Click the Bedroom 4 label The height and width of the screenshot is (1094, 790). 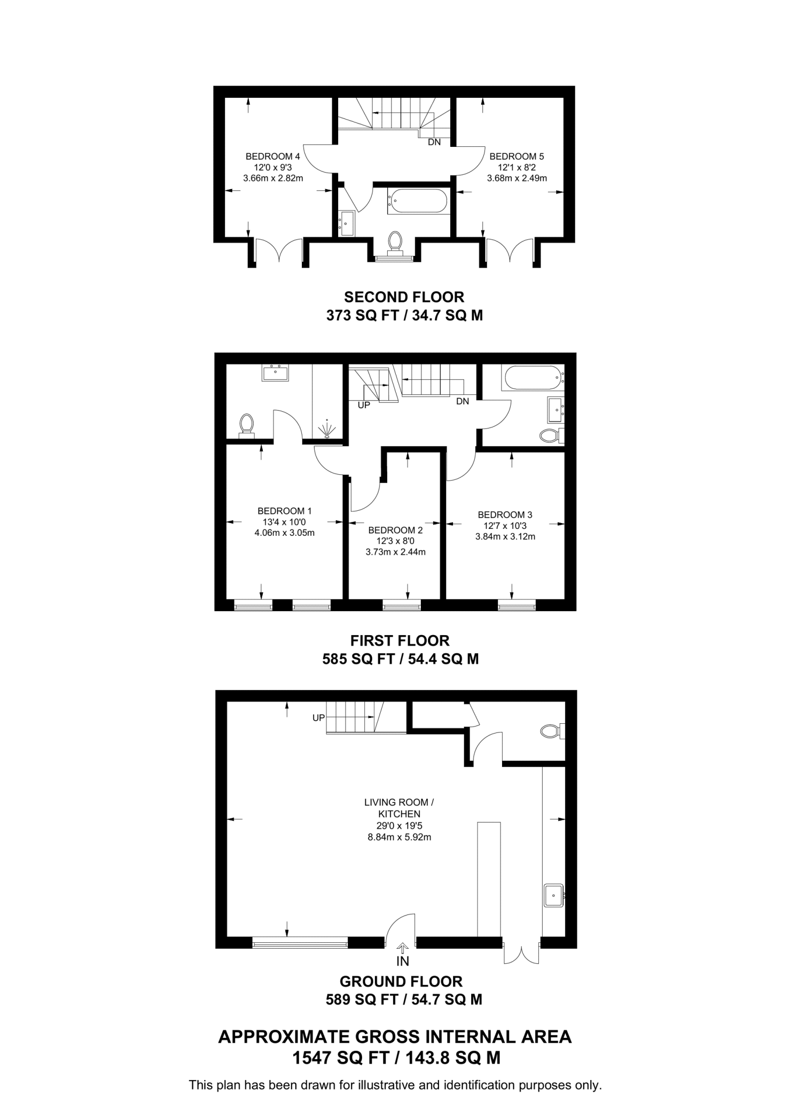(x=272, y=157)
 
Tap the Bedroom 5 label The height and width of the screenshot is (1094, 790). (x=516, y=157)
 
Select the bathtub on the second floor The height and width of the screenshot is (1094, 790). (x=417, y=201)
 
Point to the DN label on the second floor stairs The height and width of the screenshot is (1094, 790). (x=434, y=143)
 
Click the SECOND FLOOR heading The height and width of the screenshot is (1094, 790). (x=404, y=297)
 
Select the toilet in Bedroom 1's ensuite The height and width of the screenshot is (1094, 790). (x=246, y=425)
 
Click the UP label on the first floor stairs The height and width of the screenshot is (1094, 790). (x=364, y=405)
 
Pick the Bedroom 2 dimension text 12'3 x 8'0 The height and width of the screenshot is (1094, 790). (x=395, y=541)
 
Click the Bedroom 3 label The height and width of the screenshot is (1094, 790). (x=505, y=515)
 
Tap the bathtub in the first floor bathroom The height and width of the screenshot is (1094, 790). (x=531, y=378)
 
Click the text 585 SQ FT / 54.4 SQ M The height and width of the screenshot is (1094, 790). (x=400, y=659)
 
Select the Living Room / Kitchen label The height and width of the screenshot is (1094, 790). (x=399, y=808)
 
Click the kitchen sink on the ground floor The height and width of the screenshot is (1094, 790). (x=553, y=895)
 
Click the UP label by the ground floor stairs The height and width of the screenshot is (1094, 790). (x=318, y=718)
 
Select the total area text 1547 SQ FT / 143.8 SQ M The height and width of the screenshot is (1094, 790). (x=396, y=1058)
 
